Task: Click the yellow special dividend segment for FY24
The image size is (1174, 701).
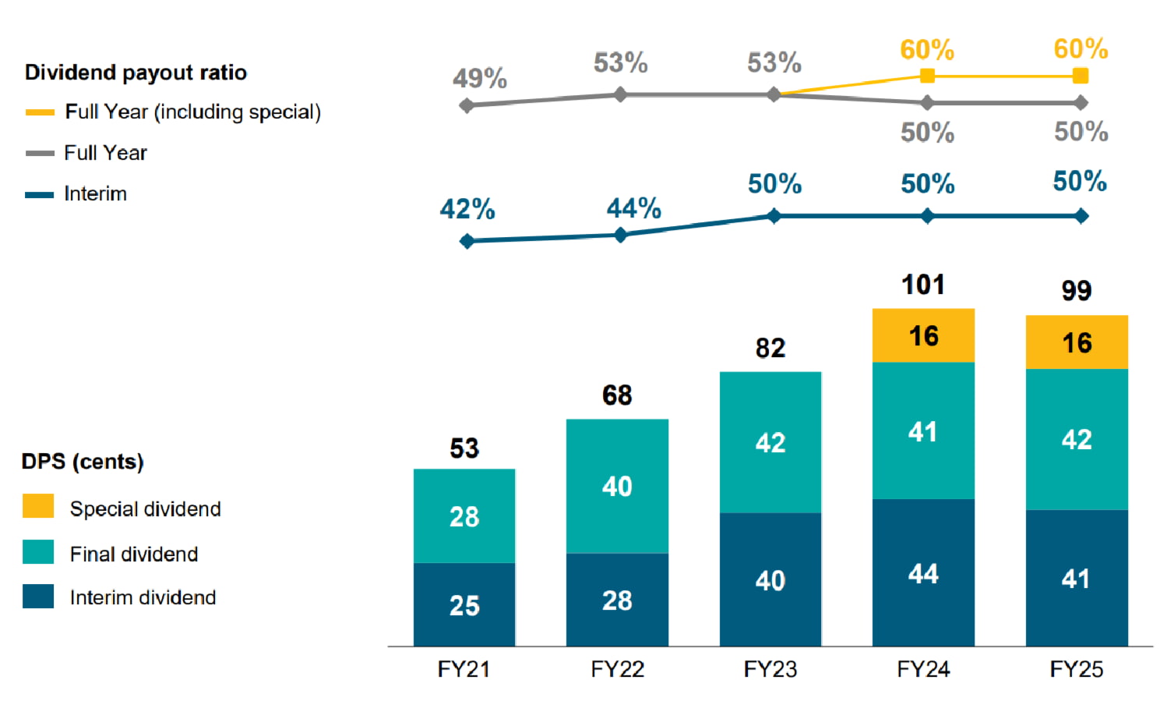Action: [x=923, y=335]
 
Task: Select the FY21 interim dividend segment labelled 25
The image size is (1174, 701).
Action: [x=464, y=604]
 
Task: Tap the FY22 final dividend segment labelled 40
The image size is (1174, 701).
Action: [x=617, y=486]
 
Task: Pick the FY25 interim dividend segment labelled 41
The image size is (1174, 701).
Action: [x=1076, y=578]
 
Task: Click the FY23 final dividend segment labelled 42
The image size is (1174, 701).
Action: [x=770, y=442]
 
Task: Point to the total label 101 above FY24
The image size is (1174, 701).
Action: [x=923, y=285]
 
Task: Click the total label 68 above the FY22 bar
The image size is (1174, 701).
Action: [x=617, y=395]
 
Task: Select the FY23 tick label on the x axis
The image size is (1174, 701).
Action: [x=770, y=669]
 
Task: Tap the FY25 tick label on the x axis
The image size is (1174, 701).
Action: [x=1076, y=669]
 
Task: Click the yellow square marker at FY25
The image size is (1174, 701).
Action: [x=1081, y=76]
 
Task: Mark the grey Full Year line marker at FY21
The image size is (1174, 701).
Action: [x=467, y=105]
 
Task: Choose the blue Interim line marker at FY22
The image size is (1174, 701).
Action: [x=620, y=235]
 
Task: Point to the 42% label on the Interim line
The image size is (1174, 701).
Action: [x=467, y=209]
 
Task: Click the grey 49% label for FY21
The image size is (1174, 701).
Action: [x=480, y=78]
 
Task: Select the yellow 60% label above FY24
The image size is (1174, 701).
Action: [x=927, y=50]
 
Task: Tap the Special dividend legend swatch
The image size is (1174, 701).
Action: [x=38, y=506]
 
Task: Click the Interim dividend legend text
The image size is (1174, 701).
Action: [x=143, y=597]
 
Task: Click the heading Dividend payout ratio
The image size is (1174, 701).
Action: [x=136, y=73]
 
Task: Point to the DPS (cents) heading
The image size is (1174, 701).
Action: [x=83, y=462]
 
